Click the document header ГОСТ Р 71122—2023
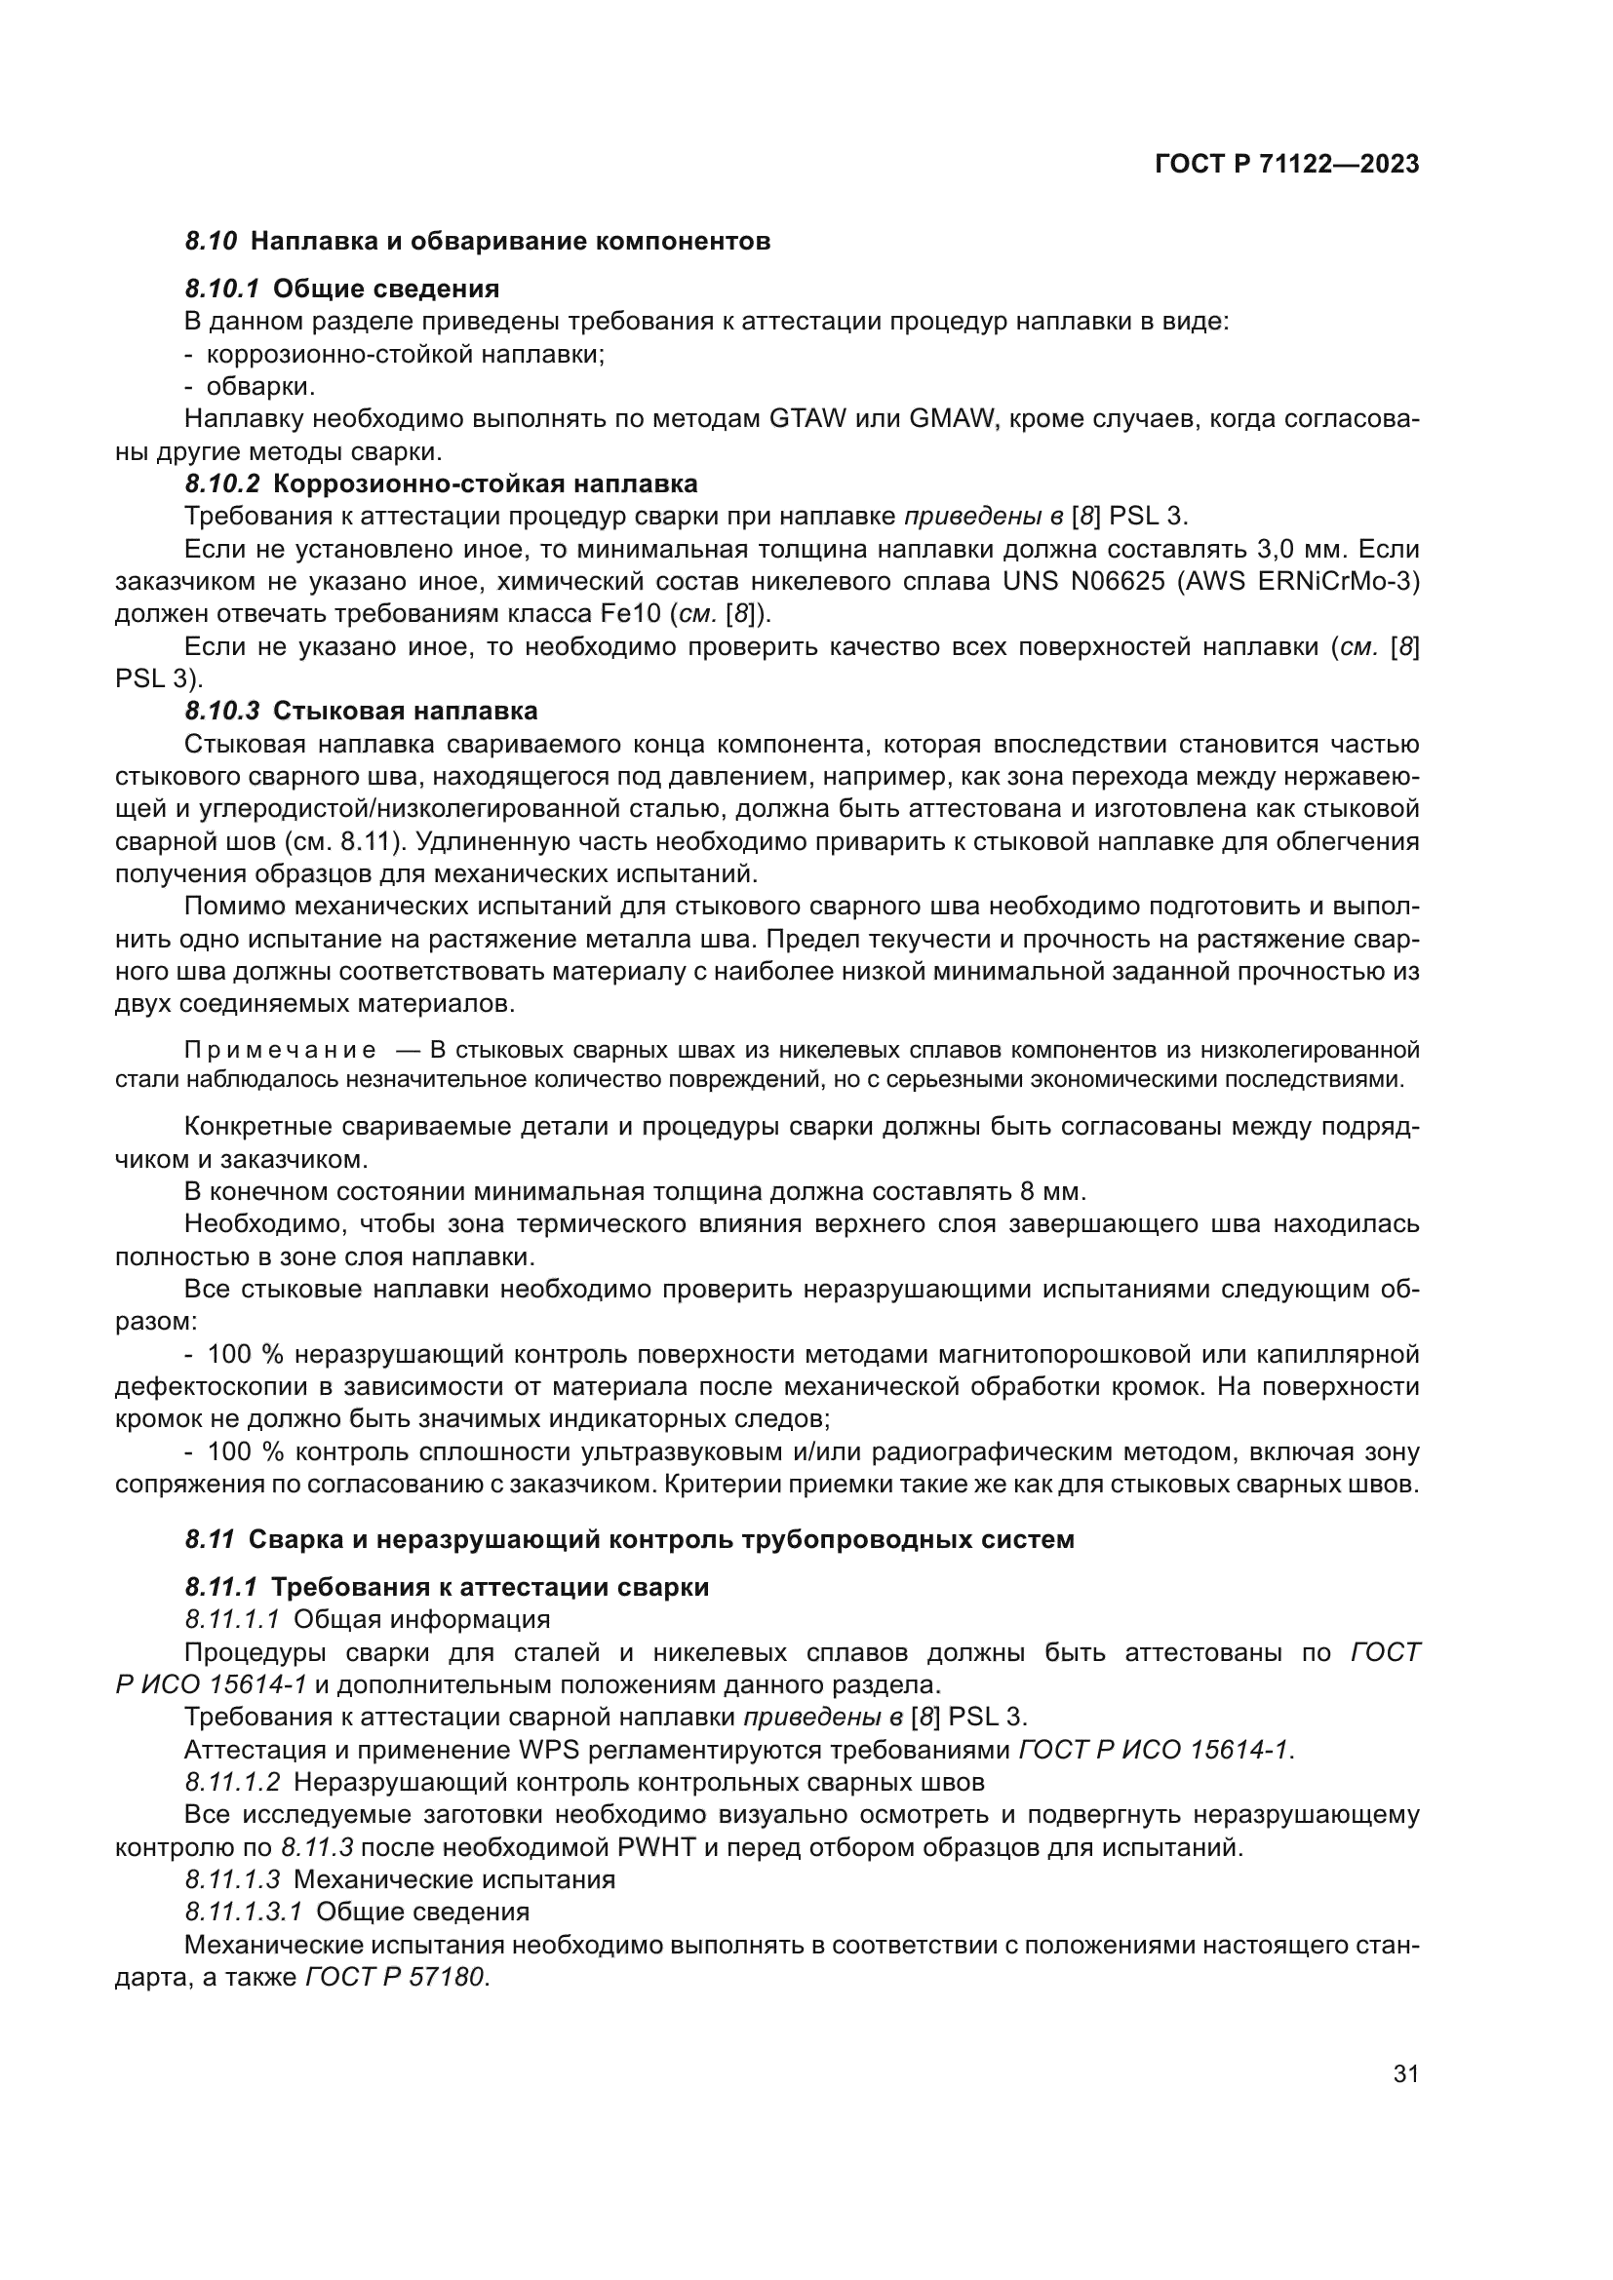click(x=1287, y=165)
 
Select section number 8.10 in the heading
click(x=211, y=242)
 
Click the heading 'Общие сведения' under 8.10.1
click(x=385, y=289)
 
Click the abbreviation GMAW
click(x=952, y=418)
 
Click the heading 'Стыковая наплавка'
click(x=406, y=711)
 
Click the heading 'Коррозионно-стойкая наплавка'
click(x=485, y=484)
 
